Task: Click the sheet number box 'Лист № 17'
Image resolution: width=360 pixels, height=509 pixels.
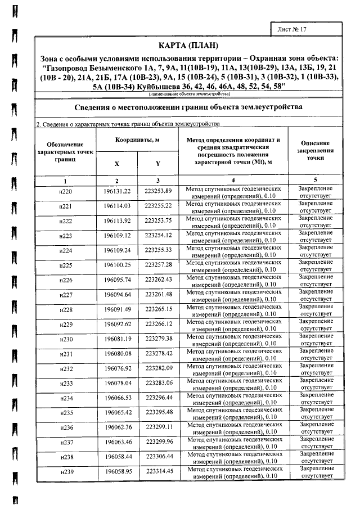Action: point(299,28)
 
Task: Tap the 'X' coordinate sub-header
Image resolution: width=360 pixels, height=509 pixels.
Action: point(116,164)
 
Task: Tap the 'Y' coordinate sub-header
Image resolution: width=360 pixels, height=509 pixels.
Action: point(158,164)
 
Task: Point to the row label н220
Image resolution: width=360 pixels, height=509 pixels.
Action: point(66,192)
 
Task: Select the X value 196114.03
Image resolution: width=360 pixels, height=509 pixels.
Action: point(117,207)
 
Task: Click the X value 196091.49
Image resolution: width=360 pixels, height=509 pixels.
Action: point(117,309)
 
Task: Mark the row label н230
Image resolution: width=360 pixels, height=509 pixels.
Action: point(66,339)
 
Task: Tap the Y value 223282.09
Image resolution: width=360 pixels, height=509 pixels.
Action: point(158,368)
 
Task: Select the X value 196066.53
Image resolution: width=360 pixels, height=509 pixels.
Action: point(117,397)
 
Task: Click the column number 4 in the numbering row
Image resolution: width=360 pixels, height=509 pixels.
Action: point(233,181)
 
